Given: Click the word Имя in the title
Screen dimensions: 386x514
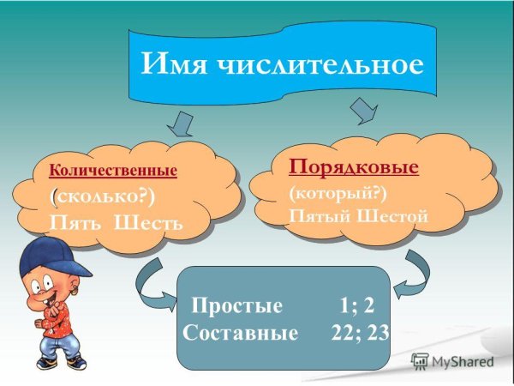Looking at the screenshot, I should pyautogui.click(x=175, y=64).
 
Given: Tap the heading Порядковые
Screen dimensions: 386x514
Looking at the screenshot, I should pyautogui.click(x=354, y=166).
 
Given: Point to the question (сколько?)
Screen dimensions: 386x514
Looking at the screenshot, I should pyautogui.click(x=103, y=196).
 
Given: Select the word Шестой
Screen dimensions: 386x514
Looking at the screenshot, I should pyautogui.click(x=395, y=216).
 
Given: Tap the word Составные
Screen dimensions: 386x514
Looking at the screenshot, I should pyautogui.click(x=241, y=332).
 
